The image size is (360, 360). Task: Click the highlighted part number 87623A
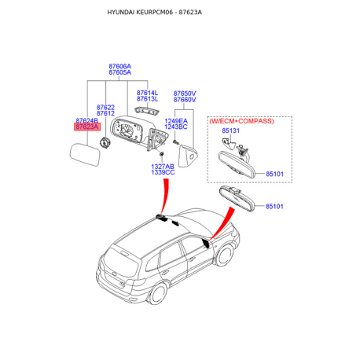[x=86, y=126]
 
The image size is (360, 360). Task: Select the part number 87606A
[x=119, y=65]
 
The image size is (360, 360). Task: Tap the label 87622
[x=106, y=107]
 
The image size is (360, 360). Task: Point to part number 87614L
[x=147, y=93]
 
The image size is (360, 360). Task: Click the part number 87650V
[x=184, y=93]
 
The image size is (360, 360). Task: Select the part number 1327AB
[x=163, y=167]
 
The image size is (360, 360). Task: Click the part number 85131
[x=230, y=130]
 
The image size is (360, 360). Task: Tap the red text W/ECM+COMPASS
[x=241, y=120]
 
